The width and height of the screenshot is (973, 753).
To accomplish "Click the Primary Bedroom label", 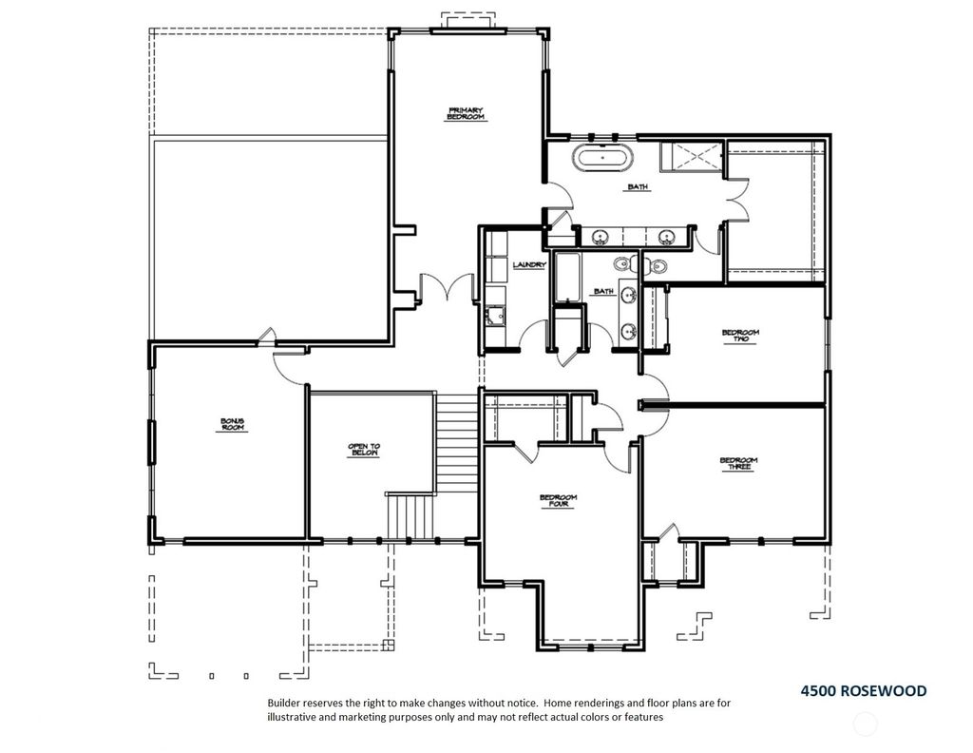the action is click(x=466, y=114).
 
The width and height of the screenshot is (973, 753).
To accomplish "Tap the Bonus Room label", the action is click(x=233, y=425).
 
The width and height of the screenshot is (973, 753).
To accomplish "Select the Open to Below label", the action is click(x=364, y=450).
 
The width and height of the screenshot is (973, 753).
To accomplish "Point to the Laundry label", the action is click(x=529, y=265).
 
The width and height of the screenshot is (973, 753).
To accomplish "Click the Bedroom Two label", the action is click(x=740, y=336).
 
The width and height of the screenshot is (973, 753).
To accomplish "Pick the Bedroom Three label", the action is click(x=738, y=464).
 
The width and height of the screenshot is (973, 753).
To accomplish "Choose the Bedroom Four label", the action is click(x=559, y=501).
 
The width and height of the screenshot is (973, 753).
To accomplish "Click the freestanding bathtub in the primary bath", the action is click(x=603, y=157).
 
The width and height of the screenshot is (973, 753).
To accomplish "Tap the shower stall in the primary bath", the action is click(x=692, y=155).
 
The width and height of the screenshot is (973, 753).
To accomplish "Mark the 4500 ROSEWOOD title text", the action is click(x=863, y=691).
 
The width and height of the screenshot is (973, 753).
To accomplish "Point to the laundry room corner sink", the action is click(x=495, y=316).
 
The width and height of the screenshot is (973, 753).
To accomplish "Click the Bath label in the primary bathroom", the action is click(x=638, y=187).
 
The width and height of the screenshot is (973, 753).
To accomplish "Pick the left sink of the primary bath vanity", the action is click(x=600, y=237).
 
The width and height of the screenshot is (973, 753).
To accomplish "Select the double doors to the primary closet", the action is click(x=737, y=200).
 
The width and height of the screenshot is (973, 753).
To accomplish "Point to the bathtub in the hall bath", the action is click(x=567, y=277).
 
